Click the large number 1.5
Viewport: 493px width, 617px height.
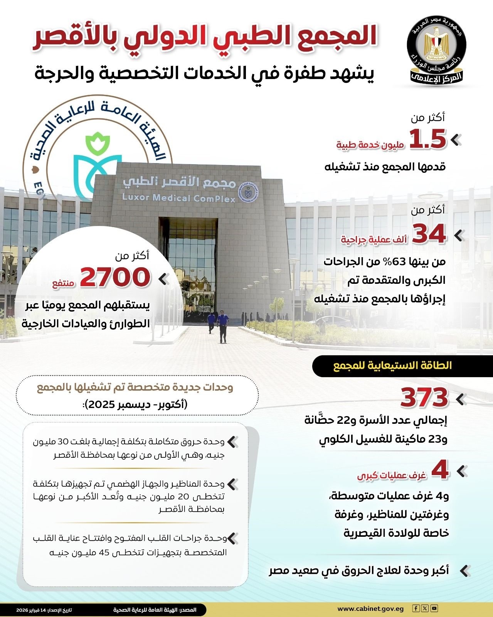point(427,139)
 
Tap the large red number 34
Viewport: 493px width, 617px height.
point(429,234)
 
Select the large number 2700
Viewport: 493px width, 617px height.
point(115,277)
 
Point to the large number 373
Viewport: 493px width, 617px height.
point(424,398)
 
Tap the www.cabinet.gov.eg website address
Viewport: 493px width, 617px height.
point(370,609)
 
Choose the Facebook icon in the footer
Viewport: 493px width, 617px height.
point(416,609)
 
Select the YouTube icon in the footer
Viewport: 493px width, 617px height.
point(434,609)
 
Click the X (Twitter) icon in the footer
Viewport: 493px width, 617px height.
point(425,609)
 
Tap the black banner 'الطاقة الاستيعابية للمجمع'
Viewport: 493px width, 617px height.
point(392,366)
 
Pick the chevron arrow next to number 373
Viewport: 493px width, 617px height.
point(461,399)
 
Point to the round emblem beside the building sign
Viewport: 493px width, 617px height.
point(249,190)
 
